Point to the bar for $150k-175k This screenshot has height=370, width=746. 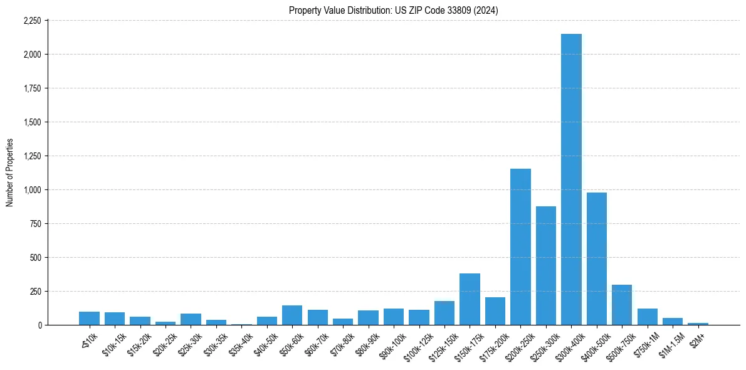(470, 299)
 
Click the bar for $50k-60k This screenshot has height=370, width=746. (292, 315)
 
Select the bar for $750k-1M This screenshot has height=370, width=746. (647, 317)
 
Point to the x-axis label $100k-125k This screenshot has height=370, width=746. (416, 345)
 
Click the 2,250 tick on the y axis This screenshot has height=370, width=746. (32, 21)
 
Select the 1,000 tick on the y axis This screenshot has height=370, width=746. (32, 190)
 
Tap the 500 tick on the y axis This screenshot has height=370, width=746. (36, 258)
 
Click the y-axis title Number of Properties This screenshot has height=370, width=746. (10, 172)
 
